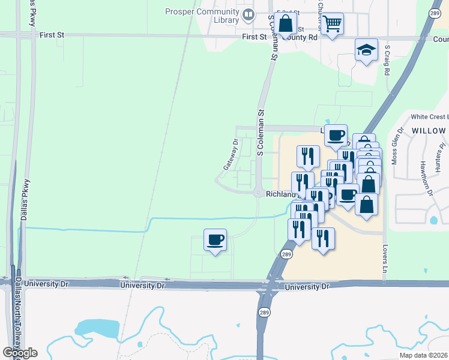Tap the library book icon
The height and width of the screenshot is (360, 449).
(x=248, y=13)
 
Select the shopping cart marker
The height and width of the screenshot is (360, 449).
(x=332, y=24)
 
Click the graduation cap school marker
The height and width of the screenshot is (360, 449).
(x=366, y=50)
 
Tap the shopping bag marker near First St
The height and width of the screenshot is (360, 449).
(x=285, y=23)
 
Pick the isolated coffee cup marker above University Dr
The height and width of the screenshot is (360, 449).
(x=215, y=240)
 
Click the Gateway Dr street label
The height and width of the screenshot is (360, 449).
(x=231, y=155)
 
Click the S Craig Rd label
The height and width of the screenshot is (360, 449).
(x=388, y=59)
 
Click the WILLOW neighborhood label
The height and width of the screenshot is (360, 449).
(x=428, y=130)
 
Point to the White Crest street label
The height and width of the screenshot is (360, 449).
(x=429, y=116)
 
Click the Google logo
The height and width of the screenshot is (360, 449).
(x=20, y=352)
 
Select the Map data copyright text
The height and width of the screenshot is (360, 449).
(x=423, y=355)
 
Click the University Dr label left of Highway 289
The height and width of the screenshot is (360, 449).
(x=142, y=286)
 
